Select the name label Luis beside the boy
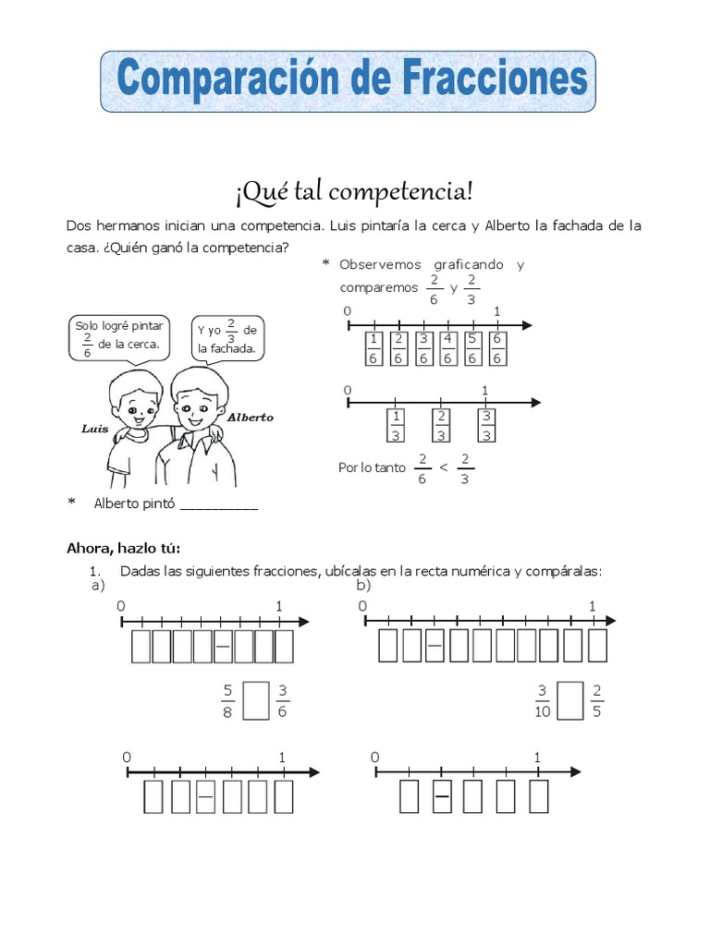(95, 429)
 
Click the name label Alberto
(250, 417)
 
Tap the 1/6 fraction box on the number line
(373, 348)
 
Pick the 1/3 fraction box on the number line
(396, 425)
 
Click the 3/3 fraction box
(486, 425)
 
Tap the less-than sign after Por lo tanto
(443, 467)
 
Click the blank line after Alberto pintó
(219, 504)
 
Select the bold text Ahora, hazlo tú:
(124, 547)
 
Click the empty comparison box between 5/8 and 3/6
(256, 700)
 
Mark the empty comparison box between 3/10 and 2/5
(572, 700)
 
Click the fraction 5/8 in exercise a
(227, 700)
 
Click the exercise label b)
(363, 585)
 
